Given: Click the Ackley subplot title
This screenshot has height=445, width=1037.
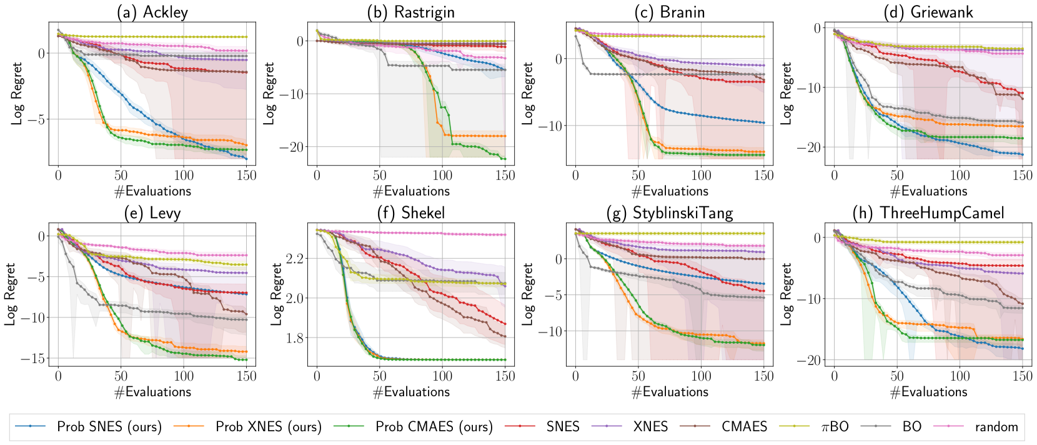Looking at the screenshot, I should coord(152,12).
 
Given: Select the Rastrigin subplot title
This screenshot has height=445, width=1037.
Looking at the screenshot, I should coord(410,12).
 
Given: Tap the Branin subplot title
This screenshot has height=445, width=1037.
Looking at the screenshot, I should coord(669,12).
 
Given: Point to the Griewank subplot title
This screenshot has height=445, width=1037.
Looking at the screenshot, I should coord(928,12).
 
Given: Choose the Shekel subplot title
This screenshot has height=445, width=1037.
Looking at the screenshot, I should coord(410,213).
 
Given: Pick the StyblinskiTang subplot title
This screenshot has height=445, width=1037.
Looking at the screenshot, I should coord(669,213).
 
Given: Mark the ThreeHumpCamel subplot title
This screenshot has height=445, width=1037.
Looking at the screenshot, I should coord(928,213).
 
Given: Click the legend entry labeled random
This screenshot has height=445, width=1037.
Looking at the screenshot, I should coord(996,427).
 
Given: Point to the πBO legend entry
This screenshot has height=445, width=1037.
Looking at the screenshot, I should coord(835,427).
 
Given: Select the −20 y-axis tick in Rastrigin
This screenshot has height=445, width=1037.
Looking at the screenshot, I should coord(292,147).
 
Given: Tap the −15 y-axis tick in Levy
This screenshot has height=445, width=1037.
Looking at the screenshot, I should coord(33,359).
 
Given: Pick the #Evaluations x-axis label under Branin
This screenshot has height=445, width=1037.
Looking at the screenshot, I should coord(669,191).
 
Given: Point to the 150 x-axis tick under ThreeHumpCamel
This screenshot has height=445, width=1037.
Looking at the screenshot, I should coord(1022,376).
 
